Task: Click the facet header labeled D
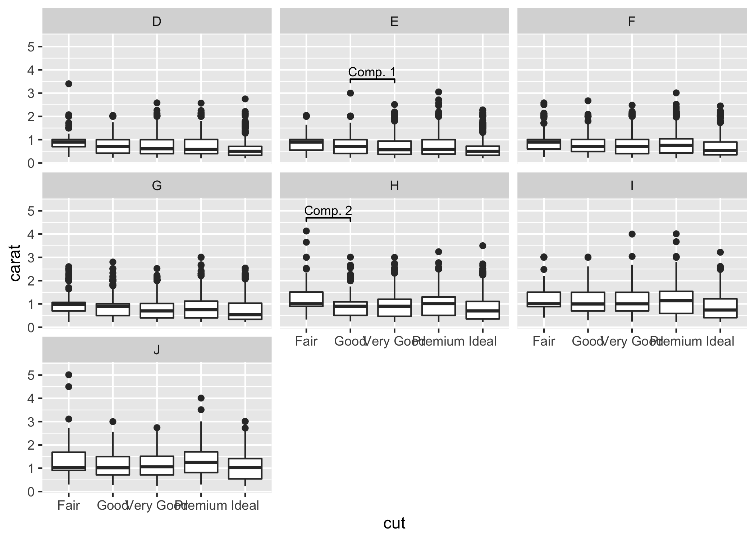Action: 157,22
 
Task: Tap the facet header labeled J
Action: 157,350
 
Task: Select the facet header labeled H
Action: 394,186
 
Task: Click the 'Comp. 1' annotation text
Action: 372,72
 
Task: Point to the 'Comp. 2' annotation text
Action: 328,211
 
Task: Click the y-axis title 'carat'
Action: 15,263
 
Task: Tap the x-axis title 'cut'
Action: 394,523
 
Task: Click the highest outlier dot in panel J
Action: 69,375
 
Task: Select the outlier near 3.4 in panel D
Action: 69,84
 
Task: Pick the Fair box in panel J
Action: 69,461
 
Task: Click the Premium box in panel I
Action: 676,302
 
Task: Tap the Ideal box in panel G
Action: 245,311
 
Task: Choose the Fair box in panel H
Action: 306,299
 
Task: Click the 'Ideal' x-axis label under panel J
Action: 245,505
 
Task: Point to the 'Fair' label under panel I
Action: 544,341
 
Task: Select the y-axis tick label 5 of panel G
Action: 31,211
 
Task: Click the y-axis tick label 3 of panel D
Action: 31,93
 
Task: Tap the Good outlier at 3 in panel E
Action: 350,93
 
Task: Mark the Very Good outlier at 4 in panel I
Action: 632,234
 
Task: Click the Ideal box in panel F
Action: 720,148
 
